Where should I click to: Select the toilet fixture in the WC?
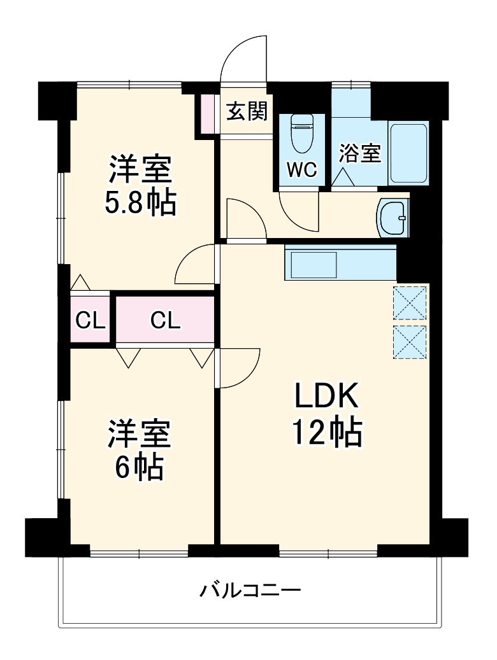[301, 134]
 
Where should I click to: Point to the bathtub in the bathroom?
[408, 153]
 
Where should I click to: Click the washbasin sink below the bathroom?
[393, 217]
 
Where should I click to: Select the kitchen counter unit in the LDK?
[340, 263]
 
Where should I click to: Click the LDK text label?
[327, 398]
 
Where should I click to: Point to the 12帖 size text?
[327, 434]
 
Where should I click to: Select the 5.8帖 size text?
[140, 202]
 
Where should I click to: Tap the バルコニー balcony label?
[250, 591]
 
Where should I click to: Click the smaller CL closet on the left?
[90, 320]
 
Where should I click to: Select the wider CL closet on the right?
[165, 320]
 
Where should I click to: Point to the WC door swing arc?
[298, 213]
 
